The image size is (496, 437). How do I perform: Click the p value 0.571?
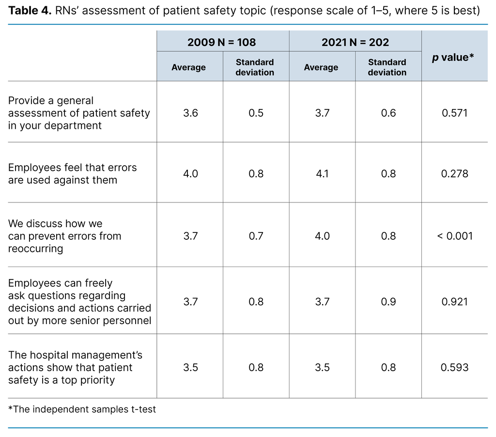coord(454,113)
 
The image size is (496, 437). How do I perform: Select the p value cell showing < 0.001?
coord(454,236)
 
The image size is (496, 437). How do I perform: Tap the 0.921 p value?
coord(454,302)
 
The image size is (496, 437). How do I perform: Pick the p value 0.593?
coord(454,367)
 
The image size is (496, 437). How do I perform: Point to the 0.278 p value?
coord(454,173)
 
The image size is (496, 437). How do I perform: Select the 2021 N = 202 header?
coord(355,42)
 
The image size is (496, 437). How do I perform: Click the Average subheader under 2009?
coord(188,67)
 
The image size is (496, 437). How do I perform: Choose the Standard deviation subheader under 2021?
coord(387,67)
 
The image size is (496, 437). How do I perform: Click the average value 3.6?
coord(190,113)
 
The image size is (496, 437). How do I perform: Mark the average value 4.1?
coord(322,173)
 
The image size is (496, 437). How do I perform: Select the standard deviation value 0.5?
coord(256,113)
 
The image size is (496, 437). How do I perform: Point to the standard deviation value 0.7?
coord(256,236)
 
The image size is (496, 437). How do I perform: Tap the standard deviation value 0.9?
coord(388,302)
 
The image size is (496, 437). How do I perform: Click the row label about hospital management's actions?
coord(75,367)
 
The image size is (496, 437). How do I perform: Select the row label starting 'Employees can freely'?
coord(79,302)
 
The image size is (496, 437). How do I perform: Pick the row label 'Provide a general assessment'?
coord(79,113)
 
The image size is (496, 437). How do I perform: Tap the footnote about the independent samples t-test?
coord(82,409)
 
